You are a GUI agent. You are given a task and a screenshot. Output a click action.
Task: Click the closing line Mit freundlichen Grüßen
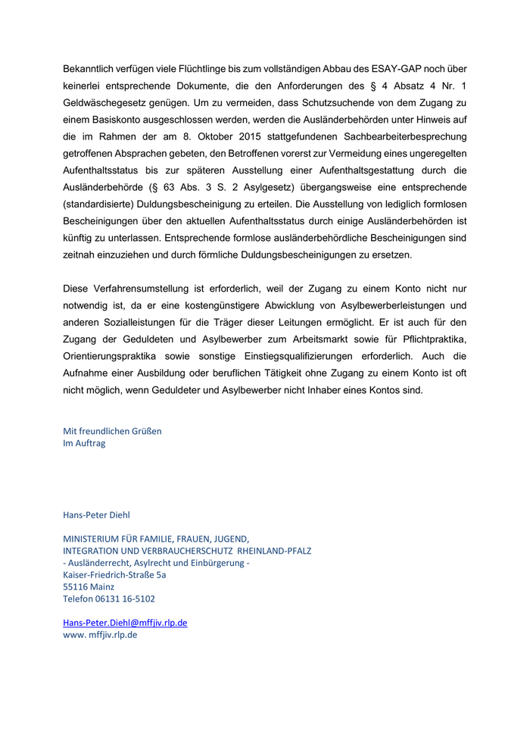(112, 431)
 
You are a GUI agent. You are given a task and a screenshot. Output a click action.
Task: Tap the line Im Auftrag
(84, 443)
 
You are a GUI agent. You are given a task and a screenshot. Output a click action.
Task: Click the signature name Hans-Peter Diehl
(96, 515)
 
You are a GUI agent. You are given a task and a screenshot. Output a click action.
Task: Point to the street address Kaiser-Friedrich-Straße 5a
(114, 575)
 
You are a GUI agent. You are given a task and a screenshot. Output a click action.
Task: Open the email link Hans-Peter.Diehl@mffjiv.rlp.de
(125, 623)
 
